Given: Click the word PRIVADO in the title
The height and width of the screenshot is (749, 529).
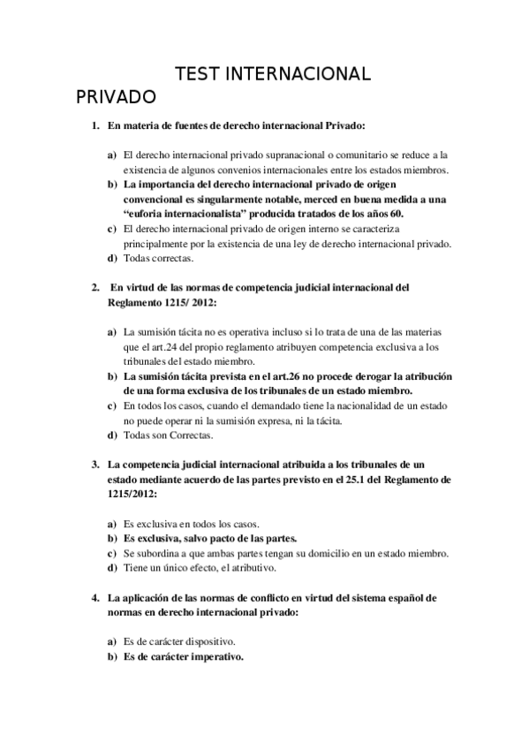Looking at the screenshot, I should [116, 95].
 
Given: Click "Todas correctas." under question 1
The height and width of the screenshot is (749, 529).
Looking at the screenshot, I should [158, 258].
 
